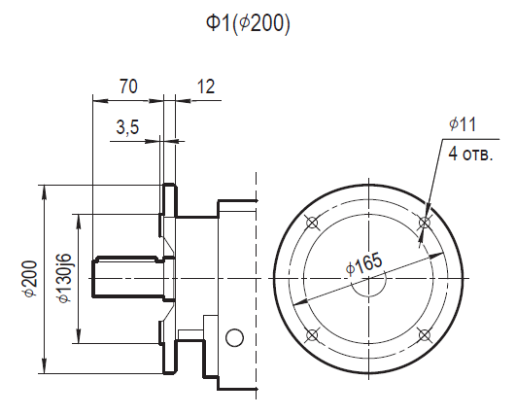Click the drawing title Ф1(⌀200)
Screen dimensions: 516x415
[248, 24]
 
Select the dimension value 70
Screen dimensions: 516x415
[128, 86]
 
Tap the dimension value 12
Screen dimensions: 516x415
[206, 86]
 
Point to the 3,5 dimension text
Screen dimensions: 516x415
[127, 127]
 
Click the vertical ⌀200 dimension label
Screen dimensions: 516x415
[30, 279]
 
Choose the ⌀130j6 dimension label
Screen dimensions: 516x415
[63, 278]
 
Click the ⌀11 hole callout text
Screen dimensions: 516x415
[463, 124]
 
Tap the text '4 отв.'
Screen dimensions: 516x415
[471, 154]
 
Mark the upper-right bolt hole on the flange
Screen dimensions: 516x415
[425, 223]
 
